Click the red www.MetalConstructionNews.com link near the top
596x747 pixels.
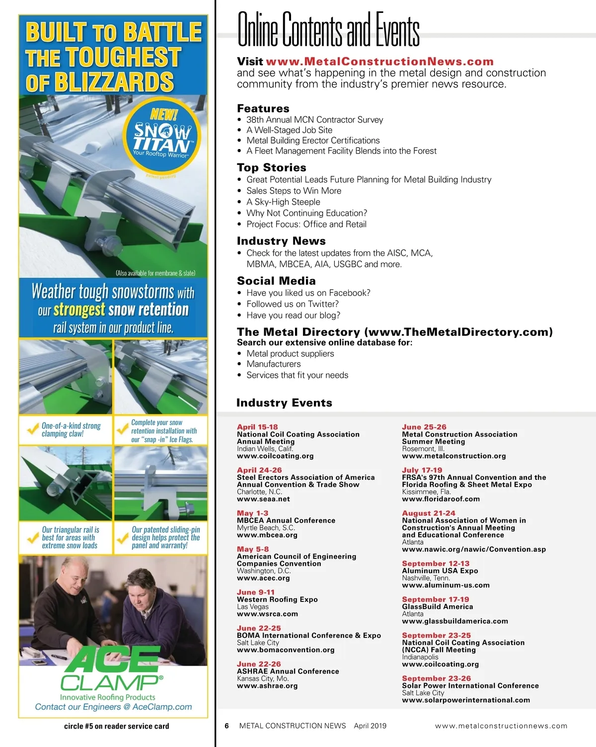(379, 62)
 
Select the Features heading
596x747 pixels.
(263, 108)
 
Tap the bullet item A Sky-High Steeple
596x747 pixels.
(283, 202)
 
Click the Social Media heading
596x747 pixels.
(276, 281)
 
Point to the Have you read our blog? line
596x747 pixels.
(293, 315)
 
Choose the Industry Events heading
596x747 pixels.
(284, 403)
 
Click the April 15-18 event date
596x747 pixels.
(257, 427)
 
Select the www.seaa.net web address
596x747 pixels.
(263, 499)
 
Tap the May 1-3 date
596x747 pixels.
(252, 513)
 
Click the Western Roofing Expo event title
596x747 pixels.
(277, 599)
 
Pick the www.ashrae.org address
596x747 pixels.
(267, 686)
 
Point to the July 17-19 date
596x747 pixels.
(422, 470)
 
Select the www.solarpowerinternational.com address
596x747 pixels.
(466, 700)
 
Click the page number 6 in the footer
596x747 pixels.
(226, 726)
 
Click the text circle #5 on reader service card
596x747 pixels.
(116, 726)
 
